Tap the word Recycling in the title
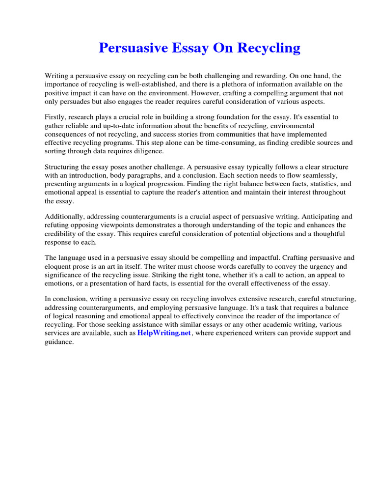pyautogui.click(x=269, y=48)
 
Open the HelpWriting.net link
pyautogui.click(x=164, y=333)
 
